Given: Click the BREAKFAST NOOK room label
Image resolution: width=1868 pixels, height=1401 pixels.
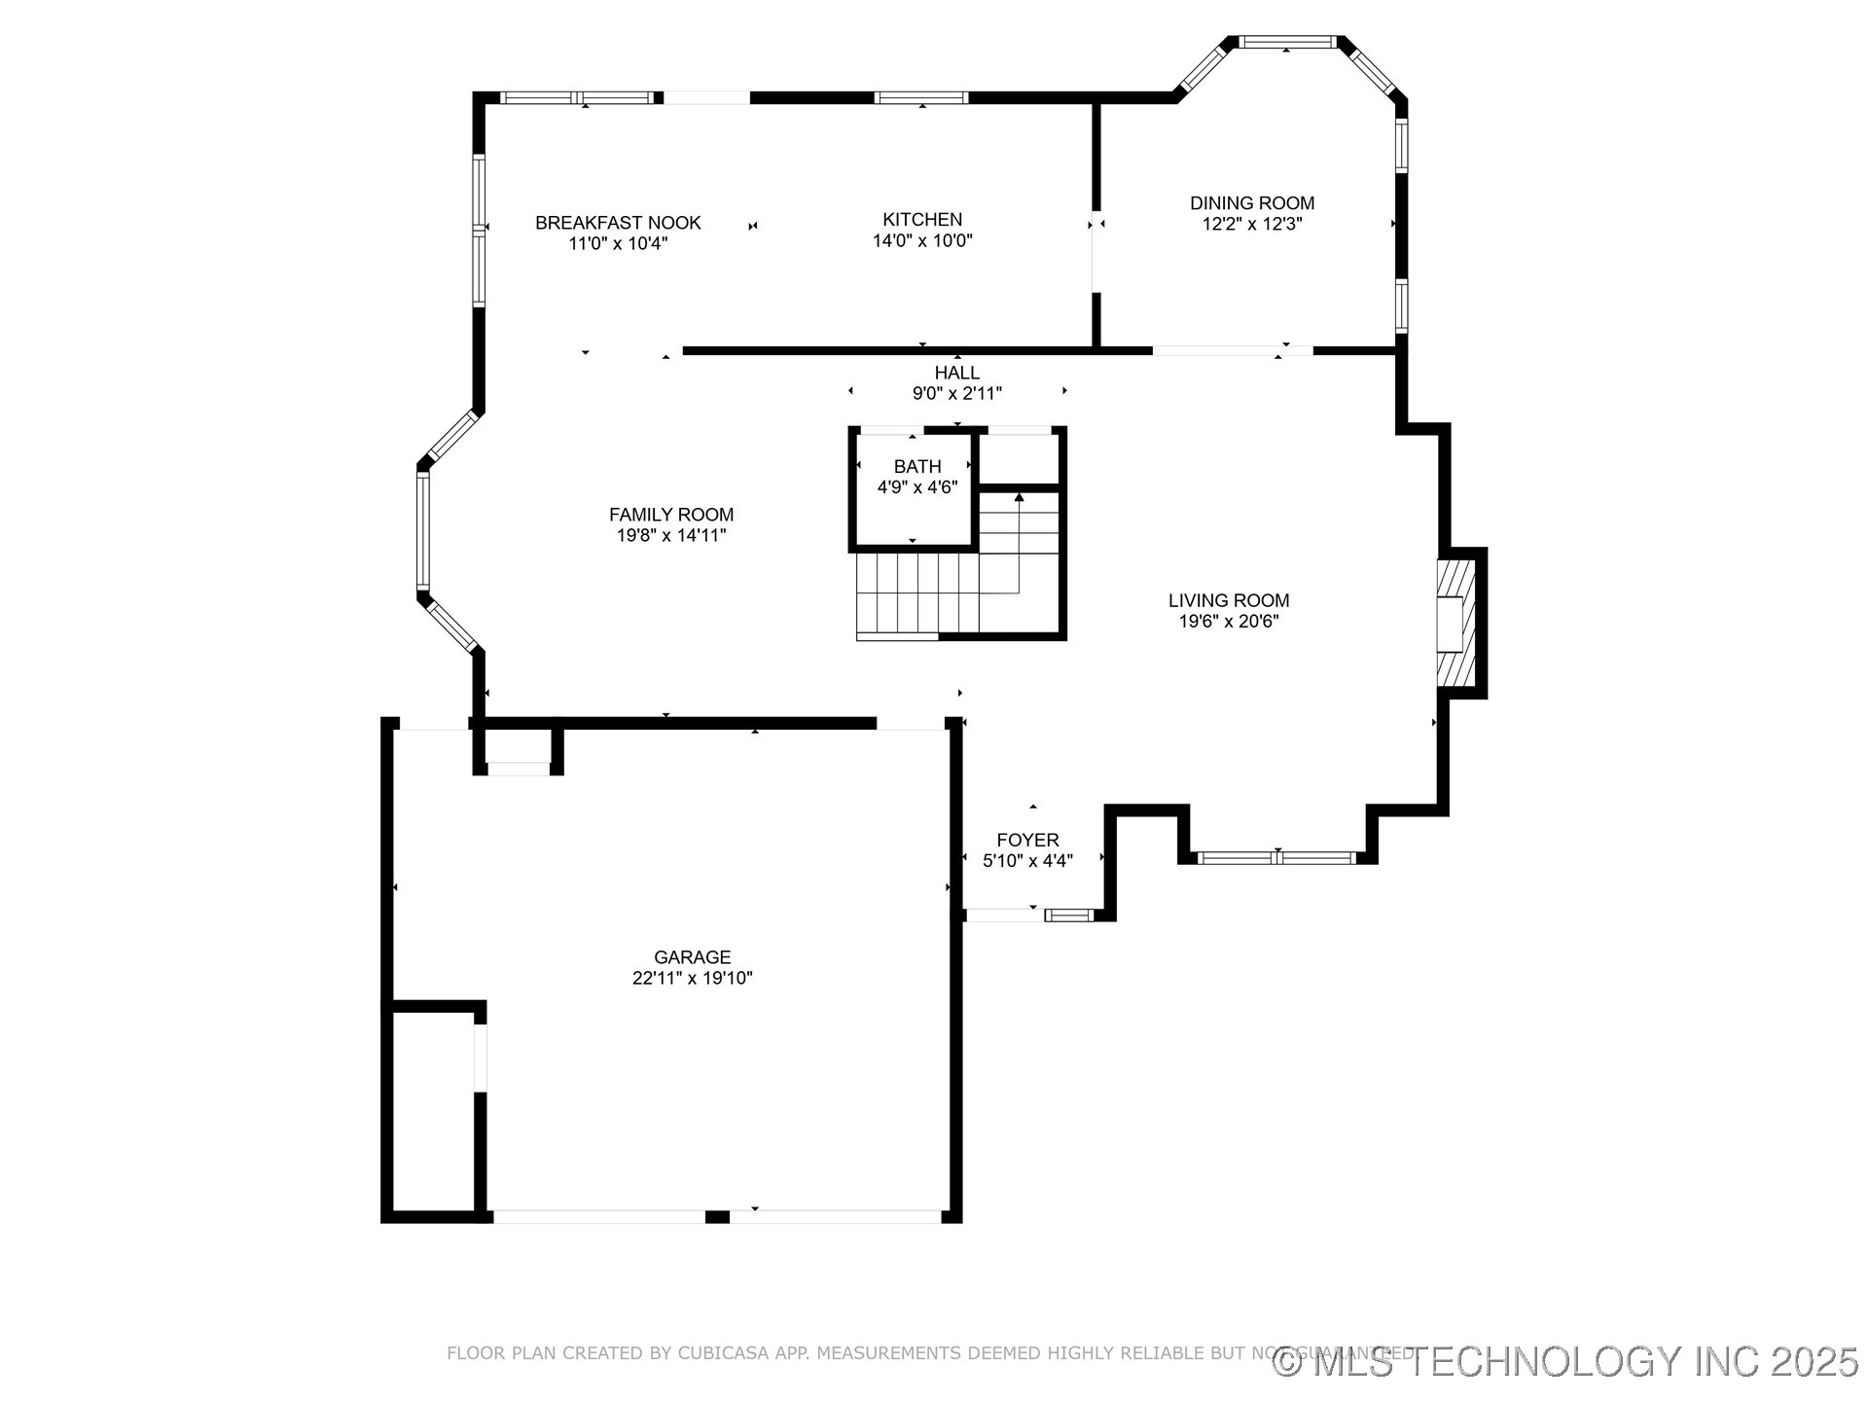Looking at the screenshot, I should coord(618,223).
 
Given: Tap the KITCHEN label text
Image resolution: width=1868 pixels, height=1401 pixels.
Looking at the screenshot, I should coord(922,220).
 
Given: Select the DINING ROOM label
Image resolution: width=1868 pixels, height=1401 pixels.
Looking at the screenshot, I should coord(1252,203).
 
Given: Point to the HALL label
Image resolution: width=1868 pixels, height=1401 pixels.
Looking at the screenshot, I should coord(957,373).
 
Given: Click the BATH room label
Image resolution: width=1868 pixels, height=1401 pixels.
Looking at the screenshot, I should coord(917,467).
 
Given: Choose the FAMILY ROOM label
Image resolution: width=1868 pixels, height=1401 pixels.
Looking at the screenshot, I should coord(671,515).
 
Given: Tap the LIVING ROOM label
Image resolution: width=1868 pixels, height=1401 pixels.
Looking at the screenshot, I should coord(1229,600).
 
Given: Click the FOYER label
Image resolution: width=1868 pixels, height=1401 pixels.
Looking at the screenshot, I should coord(1027,840).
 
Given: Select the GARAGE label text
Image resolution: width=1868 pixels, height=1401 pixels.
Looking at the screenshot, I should coord(692,957).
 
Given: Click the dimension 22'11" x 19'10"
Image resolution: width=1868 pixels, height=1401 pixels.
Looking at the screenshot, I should coord(692,979).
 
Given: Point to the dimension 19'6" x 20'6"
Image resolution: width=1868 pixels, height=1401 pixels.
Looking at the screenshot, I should coord(1229,622).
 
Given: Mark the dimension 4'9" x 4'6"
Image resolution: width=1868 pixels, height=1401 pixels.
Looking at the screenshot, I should coord(917,487).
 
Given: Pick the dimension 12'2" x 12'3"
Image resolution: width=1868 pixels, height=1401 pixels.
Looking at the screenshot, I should coord(1252,224).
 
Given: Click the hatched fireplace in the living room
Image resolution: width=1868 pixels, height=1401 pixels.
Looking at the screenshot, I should coord(1455,623).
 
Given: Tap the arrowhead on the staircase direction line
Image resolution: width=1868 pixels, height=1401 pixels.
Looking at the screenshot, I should coord(1019,498).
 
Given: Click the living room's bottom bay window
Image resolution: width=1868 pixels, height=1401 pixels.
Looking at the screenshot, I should coord(1276,857).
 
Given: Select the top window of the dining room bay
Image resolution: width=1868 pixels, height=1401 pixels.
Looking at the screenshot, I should coord(1287,42).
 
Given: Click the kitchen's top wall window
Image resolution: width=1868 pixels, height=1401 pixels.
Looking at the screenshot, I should coord(920,97).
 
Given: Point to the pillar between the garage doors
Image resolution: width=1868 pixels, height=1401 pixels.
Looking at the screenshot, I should coord(717,1216).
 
